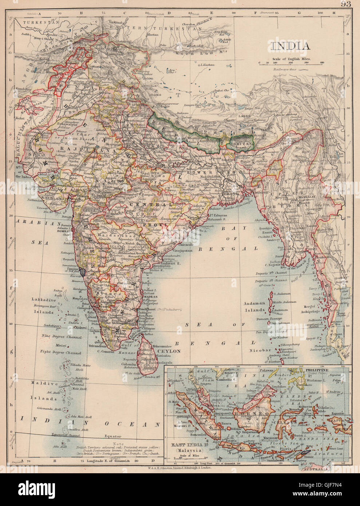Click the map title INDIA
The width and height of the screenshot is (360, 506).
(290, 46)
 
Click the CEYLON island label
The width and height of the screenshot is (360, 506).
(169, 351)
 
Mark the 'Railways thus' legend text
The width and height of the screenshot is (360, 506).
(289, 68)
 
